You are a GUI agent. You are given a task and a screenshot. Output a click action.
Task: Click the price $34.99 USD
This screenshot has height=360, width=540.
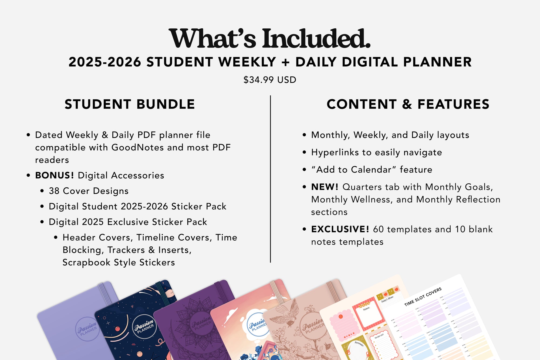[270, 80]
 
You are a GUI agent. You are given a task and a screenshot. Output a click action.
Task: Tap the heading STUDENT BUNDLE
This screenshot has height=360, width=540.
[130, 104]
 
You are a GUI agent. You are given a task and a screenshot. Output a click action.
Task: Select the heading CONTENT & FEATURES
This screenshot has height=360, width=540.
[408, 104]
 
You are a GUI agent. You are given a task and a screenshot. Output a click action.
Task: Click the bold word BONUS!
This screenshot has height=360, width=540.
[55, 176]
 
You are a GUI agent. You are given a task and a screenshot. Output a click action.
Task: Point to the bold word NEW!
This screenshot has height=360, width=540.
[325, 187]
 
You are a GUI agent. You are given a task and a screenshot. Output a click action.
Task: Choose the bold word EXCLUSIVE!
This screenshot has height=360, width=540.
[340, 229]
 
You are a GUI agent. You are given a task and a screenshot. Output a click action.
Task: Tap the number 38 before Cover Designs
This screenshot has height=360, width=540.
[54, 191]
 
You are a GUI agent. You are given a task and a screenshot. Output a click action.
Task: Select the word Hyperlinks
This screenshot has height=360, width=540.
[335, 153]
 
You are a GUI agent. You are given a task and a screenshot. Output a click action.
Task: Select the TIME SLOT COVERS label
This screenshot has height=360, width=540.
[423, 297]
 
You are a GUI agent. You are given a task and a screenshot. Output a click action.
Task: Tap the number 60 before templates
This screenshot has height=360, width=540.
[378, 229]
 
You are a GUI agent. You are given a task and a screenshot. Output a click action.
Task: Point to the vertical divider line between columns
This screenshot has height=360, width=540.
[270, 178]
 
